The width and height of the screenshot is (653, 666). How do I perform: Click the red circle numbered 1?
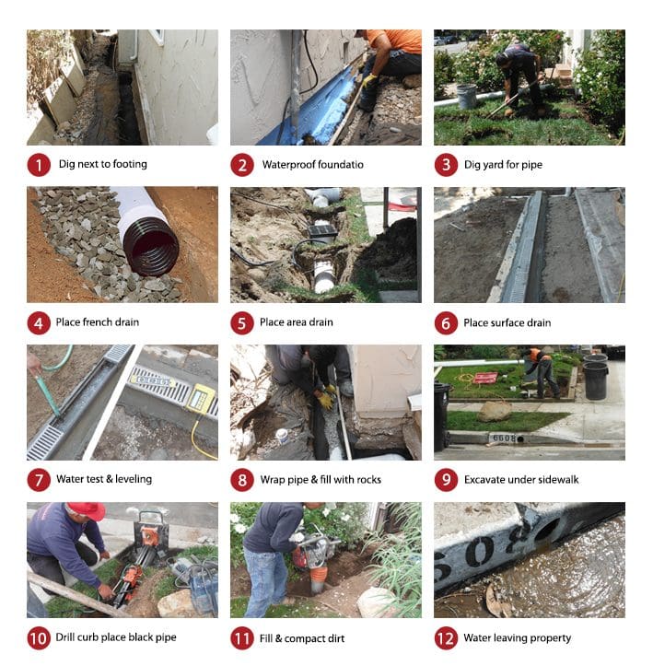[39, 165]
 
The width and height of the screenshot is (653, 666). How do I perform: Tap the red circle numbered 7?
[39, 480]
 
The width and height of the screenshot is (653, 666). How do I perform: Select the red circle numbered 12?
[446, 638]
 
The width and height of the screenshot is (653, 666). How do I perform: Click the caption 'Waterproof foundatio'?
[313, 165]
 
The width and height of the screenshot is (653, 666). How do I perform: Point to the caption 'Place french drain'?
[98, 322]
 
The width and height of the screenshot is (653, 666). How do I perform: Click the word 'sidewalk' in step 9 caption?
[558, 480]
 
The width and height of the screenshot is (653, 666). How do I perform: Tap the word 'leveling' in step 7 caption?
[134, 480]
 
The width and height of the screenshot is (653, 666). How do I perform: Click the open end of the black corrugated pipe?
[151, 247]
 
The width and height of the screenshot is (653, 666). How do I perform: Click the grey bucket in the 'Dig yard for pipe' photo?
[467, 96]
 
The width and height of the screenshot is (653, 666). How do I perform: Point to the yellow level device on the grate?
[201, 400]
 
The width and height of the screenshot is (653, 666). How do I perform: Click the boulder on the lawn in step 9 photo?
[495, 411]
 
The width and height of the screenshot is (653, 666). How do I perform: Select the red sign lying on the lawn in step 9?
[485, 378]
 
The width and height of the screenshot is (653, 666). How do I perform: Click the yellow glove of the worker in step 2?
[369, 80]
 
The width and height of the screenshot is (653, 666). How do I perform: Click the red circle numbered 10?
[39, 638]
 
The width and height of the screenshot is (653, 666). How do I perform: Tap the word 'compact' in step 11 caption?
[303, 638]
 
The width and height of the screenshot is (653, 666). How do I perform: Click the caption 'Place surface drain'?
[507, 323]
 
